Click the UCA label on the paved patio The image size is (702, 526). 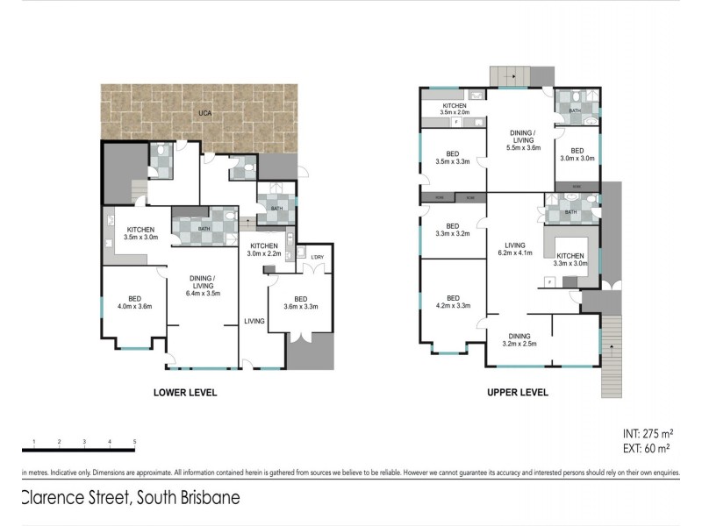tap(204, 114)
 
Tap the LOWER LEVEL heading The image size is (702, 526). tap(185, 393)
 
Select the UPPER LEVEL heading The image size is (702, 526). tap(517, 393)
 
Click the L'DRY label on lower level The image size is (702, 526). tap(317, 256)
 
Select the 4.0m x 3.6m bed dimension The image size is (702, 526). tap(134, 307)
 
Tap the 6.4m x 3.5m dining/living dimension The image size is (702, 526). tap(204, 294)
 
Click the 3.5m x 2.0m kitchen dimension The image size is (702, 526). tap(454, 113)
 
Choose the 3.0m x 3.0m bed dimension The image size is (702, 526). tap(577, 159)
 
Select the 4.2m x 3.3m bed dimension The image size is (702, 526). tap(453, 306)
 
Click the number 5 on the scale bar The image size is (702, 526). tap(134, 441)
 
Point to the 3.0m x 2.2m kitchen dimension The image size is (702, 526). tap(264, 254)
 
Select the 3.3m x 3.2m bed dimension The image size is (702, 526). tap(453, 234)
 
